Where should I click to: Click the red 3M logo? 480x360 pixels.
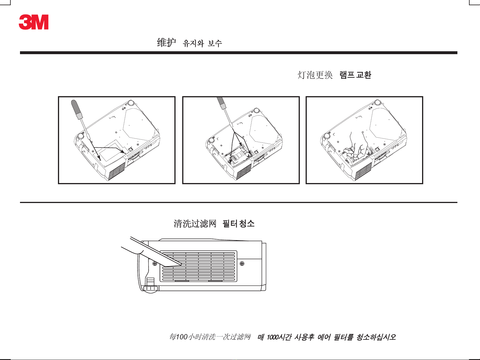click(34, 22)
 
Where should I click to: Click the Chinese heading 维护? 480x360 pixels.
click(166, 43)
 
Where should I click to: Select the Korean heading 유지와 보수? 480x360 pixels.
click(202, 43)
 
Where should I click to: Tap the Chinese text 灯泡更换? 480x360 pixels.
click(315, 75)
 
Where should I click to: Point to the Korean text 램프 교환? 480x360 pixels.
click(355, 75)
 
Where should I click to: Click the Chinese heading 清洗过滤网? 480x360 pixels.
click(195, 224)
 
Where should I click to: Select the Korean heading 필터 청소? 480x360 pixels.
click(238, 224)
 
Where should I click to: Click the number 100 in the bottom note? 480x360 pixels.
click(182, 337)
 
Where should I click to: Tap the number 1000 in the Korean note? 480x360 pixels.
click(272, 337)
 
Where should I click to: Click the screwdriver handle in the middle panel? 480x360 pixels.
click(222, 103)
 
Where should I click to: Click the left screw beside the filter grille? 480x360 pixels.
click(155, 264)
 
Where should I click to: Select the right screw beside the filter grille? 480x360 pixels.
click(242, 264)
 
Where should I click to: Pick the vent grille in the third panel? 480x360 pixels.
click(363, 171)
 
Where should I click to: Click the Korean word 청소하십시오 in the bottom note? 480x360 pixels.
click(376, 337)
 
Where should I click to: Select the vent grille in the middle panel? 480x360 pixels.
click(244, 171)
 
